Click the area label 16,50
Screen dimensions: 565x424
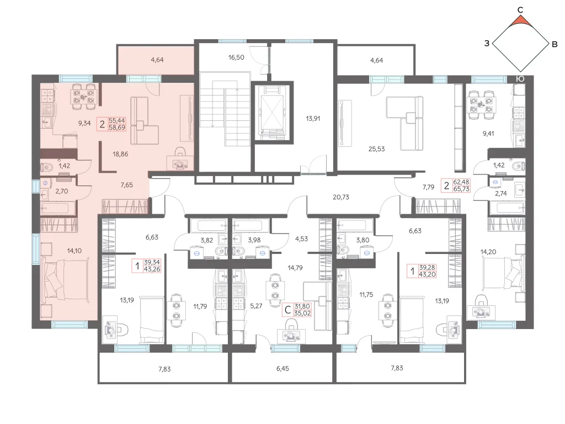[x=236, y=57]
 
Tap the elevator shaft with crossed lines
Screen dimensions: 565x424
[x=271, y=113]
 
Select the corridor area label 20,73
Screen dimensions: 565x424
[x=341, y=197]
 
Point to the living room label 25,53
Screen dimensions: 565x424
[x=376, y=149]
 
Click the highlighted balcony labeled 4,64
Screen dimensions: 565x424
[x=157, y=60]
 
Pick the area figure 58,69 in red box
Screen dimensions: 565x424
[x=117, y=128]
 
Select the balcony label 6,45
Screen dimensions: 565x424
[x=282, y=369]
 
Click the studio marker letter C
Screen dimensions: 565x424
[x=287, y=310]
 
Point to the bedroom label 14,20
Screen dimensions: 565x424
[x=488, y=252]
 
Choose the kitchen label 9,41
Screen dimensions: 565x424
[x=488, y=134]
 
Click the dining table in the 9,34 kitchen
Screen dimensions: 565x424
[x=83, y=97]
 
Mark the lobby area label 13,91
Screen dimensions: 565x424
[x=313, y=119]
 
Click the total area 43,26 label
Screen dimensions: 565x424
[x=152, y=269]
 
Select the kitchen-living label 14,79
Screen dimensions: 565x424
[x=295, y=268]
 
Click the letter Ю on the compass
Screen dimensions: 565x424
[x=520, y=79]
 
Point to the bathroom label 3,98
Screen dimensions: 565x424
[x=254, y=240]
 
